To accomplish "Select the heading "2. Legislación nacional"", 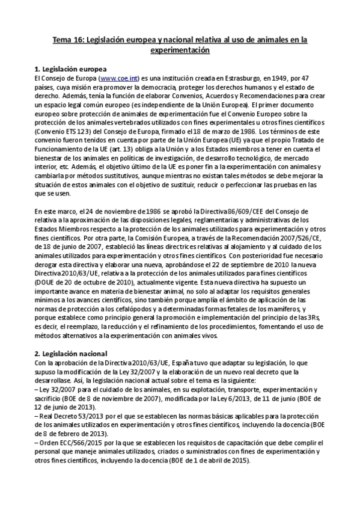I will (71, 353).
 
